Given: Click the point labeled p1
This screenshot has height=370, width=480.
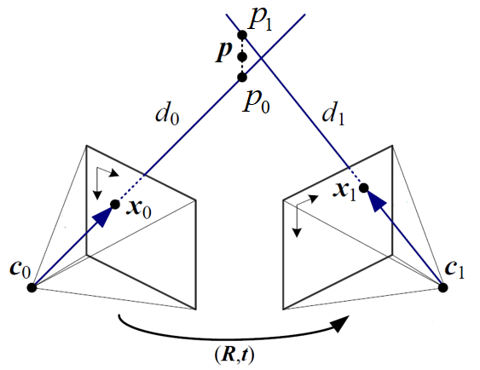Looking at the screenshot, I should pos(242,35).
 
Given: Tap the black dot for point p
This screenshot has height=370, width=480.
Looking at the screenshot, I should pos(242,57).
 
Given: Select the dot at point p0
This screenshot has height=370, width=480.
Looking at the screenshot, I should pos(242,78).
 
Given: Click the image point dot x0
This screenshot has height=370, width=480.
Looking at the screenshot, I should pos(115,204).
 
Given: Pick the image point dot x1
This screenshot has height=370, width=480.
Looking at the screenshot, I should pos(364,188).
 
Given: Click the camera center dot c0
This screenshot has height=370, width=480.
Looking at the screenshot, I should pos(32,287).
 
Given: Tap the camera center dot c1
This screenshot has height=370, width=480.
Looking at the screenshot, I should pos(443,287).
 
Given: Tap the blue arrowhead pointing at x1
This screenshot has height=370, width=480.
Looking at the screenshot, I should pos(376,202).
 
